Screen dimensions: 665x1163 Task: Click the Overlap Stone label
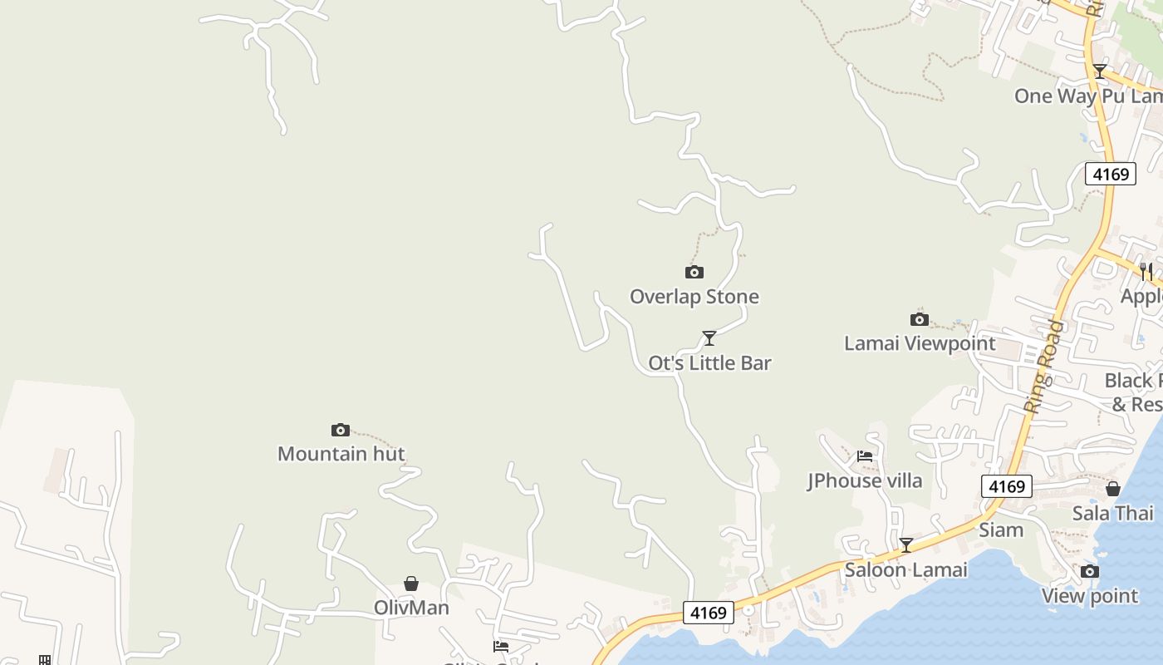point(694,297)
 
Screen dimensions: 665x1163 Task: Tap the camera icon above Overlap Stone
point(694,272)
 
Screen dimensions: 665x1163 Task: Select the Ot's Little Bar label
point(709,362)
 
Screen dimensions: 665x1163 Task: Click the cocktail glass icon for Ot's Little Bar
point(709,337)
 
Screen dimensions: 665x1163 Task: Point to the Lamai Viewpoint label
point(919,343)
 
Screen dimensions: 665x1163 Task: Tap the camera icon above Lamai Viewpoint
point(919,319)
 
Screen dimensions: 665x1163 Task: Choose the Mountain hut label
point(341,454)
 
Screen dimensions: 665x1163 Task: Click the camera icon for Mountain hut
point(340,430)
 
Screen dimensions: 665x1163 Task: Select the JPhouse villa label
point(864,480)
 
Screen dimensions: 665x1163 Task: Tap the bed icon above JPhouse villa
point(865,456)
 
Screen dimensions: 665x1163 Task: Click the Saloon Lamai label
point(905,570)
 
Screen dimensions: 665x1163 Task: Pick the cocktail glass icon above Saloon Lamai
point(906,545)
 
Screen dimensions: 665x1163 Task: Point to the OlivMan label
point(411,608)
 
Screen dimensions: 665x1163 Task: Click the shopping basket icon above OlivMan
point(411,584)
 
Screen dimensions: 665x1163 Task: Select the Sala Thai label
point(1112,513)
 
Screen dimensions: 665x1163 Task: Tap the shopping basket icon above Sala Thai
point(1113,489)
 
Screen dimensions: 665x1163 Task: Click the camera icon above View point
point(1090,571)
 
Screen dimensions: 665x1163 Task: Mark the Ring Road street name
point(1044,366)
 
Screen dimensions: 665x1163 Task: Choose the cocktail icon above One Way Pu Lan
point(1100,71)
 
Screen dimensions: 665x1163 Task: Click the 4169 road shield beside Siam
point(1007,486)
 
